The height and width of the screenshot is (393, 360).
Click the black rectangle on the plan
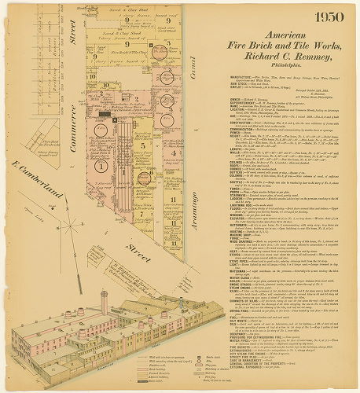pyautogui.click(x=105, y=116)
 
